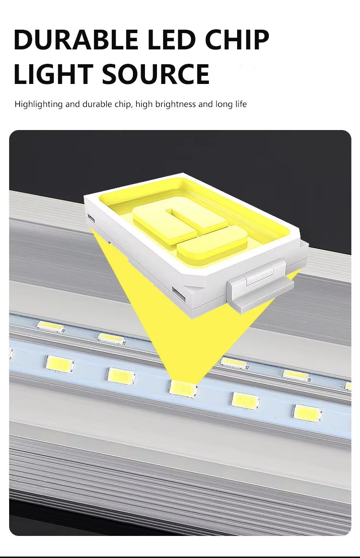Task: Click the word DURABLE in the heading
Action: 76,39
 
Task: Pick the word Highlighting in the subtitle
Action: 38,104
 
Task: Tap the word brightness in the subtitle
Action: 175,104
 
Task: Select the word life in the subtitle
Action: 240,104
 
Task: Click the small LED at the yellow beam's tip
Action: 183,388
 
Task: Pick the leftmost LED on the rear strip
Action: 50,326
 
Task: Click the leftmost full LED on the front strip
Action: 60,364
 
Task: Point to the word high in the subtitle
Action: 144,104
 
